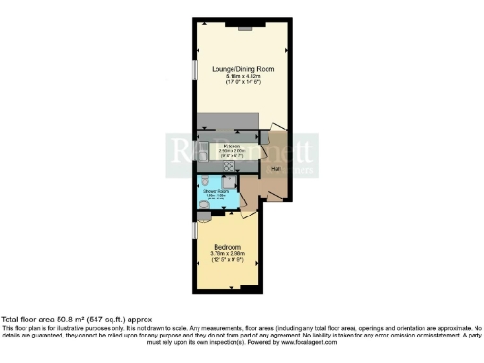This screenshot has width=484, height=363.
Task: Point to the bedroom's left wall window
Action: coord(194,229)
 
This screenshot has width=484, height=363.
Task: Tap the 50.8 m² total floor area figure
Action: coord(77,320)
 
